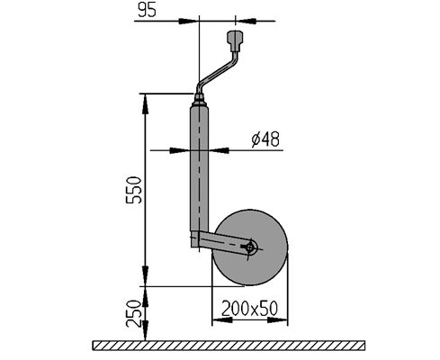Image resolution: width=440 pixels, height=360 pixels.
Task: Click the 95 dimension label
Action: [147, 10]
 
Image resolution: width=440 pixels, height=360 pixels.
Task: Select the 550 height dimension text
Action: [133, 190]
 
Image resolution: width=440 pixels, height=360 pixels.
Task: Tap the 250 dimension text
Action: [133, 313]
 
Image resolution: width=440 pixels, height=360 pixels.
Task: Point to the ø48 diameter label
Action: [265, 139]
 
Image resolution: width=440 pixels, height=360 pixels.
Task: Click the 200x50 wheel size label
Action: [249, 309]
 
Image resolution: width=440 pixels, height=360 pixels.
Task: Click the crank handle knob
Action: [235, 40]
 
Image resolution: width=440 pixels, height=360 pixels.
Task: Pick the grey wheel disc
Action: [250, 247]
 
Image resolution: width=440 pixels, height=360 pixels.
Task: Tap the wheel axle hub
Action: [250, 247]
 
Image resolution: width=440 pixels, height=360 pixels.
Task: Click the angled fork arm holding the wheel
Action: [223, 242]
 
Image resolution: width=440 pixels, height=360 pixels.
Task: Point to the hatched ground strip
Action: [229, 346]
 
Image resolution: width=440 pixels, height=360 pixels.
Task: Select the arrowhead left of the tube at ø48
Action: [180, 150]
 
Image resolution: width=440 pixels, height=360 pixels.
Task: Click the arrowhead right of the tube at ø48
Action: [218, 150]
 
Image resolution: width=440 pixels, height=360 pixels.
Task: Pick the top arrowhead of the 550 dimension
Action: [145, 103]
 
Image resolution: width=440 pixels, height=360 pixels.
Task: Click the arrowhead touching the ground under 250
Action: [145, 330]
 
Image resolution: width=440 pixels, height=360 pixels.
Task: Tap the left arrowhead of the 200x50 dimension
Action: [222, 320]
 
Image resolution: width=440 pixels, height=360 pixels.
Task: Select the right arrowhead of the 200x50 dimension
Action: [277, 320]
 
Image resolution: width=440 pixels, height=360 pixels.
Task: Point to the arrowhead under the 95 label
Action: [189, 21]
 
